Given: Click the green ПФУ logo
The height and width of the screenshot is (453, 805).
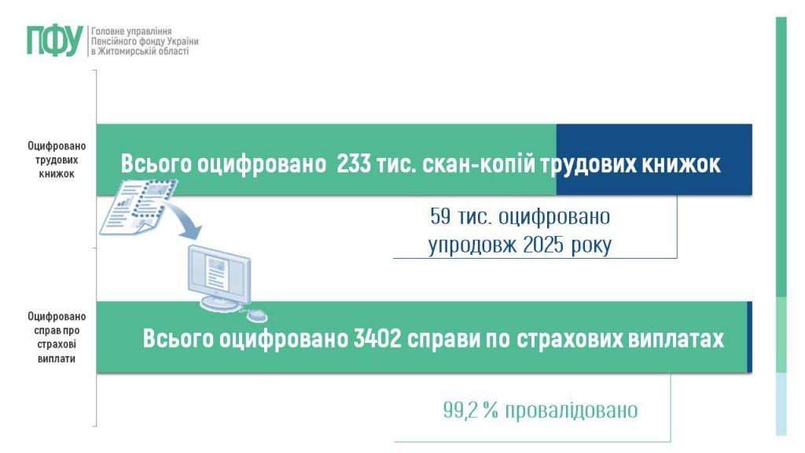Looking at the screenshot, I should (54, 40).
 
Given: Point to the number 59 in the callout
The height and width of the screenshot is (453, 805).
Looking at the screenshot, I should (440, 215).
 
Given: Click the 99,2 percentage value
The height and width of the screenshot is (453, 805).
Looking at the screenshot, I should (462, 411).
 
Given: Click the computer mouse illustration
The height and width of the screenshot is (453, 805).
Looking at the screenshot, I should (256, 315).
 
